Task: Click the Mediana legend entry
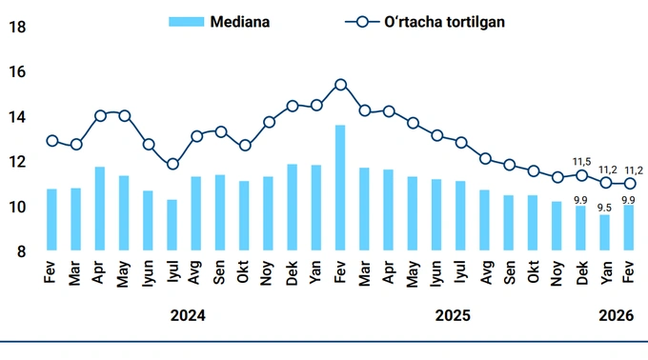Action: coord(219,21)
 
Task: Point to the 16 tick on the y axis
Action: coord(16,72)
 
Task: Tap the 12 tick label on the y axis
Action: coord(16,162)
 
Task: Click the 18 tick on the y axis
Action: coord(16,28)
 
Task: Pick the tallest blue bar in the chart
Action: coord(340,188)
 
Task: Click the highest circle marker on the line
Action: coord(340,85)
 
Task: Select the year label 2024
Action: coord(187,314)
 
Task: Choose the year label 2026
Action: coord(616,314)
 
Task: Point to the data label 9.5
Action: coord(604,207)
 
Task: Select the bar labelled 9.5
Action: coord(605,232)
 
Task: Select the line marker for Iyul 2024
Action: coord(172,164)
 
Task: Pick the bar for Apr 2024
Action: coord(100,209)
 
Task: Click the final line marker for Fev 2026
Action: coord(629,183)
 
